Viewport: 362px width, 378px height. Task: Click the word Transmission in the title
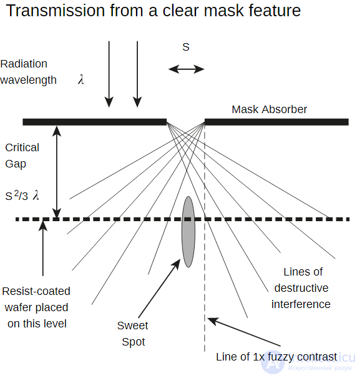(56, 11)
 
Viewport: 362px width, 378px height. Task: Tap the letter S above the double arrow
(186, 47)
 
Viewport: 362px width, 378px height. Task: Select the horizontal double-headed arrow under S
(186, 69)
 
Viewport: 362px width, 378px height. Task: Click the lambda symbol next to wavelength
(81, 79)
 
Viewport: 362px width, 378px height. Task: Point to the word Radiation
(24, 64)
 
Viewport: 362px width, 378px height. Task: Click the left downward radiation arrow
(109, 74)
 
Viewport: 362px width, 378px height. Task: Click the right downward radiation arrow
(137, 74)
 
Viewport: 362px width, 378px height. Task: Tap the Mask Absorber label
(269, 109)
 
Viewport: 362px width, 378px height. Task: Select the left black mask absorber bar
(95, 122)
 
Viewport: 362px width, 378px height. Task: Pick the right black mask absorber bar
(276, 122)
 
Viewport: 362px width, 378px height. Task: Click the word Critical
(22, 147)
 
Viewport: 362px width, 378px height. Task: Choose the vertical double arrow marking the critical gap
(57, 172)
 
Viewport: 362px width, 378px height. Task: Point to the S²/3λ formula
(22, 196)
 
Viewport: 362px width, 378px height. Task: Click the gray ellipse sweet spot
(188, 232)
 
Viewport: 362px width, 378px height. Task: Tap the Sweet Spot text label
(133, 334)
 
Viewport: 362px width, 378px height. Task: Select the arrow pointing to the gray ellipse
(159, 288)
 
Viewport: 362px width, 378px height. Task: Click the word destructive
(301, 288)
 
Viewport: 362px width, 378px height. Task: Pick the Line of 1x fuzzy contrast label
(276, 357)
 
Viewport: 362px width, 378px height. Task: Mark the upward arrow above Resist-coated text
(43, 248)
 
